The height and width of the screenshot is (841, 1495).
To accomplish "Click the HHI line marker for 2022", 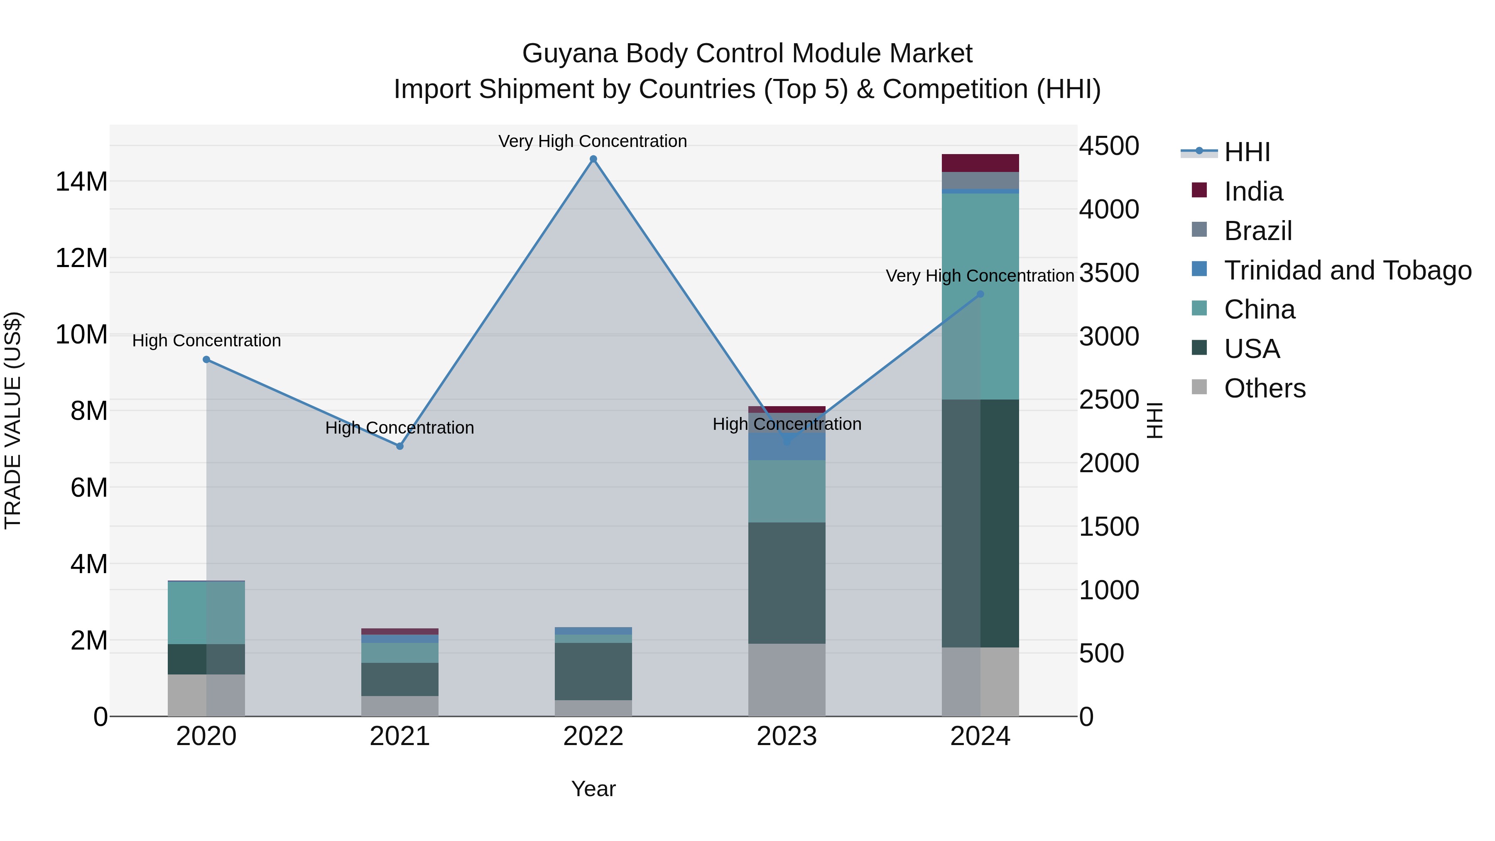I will pyautogui.click(x=593, y=159).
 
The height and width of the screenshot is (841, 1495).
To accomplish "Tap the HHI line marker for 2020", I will pyautogui.click(x=206, y=359).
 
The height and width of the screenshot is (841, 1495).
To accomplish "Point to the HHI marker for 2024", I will pyautogui.click(x=980, y=294).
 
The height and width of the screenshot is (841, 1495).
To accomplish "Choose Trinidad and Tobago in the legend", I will pyautogui.click(x=1347, y=270).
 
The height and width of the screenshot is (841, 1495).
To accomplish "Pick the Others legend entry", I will pyautogui.click(x=1264, y=388).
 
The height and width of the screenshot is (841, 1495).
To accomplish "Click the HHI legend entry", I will pyautogui.click(x=1247, y=152).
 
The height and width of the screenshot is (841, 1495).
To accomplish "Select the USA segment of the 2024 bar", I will pyautogui.click(x=980, y=522).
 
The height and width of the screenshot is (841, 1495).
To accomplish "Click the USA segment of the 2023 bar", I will pyautogui.click(x=787, y=582).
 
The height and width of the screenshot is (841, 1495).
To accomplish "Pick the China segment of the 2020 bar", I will pyautogui.click(x=206, y=612).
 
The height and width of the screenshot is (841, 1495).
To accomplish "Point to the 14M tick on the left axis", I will pyautogui.click(x=81, y=181).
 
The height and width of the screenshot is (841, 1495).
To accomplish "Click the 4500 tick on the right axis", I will pyautogui.click(x=1108, y=146).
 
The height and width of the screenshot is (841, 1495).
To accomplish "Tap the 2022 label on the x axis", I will pyautogui.click(x=593, y=736).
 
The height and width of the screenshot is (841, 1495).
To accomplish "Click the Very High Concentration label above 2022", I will pyautogui.click(x=593, y=141).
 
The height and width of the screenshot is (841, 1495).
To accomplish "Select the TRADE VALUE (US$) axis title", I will pyautogui.click(x=13, y=420).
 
